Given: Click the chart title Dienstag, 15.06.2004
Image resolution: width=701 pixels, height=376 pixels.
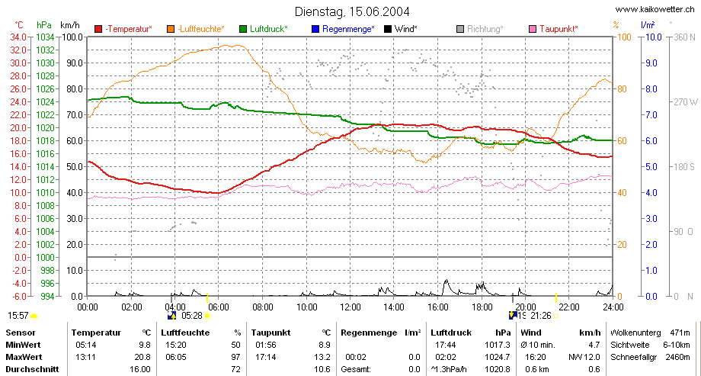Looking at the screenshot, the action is [352, 11].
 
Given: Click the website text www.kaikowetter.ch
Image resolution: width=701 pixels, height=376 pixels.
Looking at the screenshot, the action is [656, 9].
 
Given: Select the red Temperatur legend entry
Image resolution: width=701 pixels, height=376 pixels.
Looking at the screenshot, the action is [123, 29].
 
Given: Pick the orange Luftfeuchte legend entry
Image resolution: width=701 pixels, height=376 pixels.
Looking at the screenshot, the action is [196, 29].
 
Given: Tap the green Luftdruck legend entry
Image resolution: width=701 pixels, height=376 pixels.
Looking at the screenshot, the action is [264, 29].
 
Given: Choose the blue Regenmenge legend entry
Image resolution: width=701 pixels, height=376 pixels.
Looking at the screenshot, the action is [343, 29].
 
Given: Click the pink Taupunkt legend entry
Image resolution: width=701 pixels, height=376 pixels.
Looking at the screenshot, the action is [553, 29].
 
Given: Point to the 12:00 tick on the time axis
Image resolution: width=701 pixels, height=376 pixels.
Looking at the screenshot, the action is [350, 307].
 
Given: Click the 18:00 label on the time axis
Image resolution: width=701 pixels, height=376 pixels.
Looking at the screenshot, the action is [482, 307].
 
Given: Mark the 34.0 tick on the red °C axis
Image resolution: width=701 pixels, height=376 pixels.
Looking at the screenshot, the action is [18, 37].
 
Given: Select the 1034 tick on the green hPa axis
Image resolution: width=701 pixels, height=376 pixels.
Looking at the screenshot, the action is [45, 37].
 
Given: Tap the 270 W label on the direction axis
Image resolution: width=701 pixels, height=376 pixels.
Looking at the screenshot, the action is [685, 102].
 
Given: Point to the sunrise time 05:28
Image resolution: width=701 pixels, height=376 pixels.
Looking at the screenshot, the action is [192, 316].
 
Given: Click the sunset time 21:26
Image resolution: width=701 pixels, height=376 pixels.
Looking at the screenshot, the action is [541, 316].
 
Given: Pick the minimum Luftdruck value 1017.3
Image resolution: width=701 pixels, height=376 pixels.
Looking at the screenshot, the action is [498, 345].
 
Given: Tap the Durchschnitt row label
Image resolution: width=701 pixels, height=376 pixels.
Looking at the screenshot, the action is [32, 369].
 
